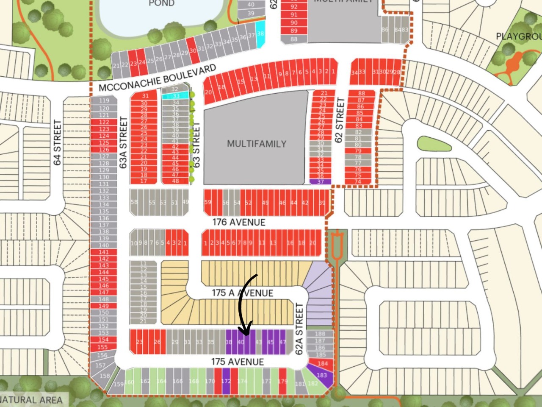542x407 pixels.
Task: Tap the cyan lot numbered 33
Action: coord(175,96)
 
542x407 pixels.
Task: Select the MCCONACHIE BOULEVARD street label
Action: coord(158,78)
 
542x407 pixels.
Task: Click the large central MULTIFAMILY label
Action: coord(257,144)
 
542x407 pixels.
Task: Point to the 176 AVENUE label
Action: coord(239,222)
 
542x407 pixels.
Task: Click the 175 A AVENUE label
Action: coord(242,293)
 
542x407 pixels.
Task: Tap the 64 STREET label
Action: coord(58,143)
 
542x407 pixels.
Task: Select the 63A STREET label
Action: coord(123,143)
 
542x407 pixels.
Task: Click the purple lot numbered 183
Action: coord(321,376)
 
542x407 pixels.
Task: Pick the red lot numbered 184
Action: coord(322,364)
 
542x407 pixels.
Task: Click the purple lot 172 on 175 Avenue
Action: coord(226,381)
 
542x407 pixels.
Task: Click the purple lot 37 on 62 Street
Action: coord(320,181)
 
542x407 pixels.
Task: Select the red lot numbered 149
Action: coord(103,306)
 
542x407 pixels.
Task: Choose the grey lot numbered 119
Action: coord(104,100)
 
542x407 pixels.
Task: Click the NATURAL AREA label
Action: coord(31,399)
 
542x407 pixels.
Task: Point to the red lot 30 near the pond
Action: coord(193,50)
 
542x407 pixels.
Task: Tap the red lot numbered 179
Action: coord(282,381)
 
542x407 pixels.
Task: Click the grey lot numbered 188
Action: coord(320,334)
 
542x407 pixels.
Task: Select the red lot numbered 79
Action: coord(358,151)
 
